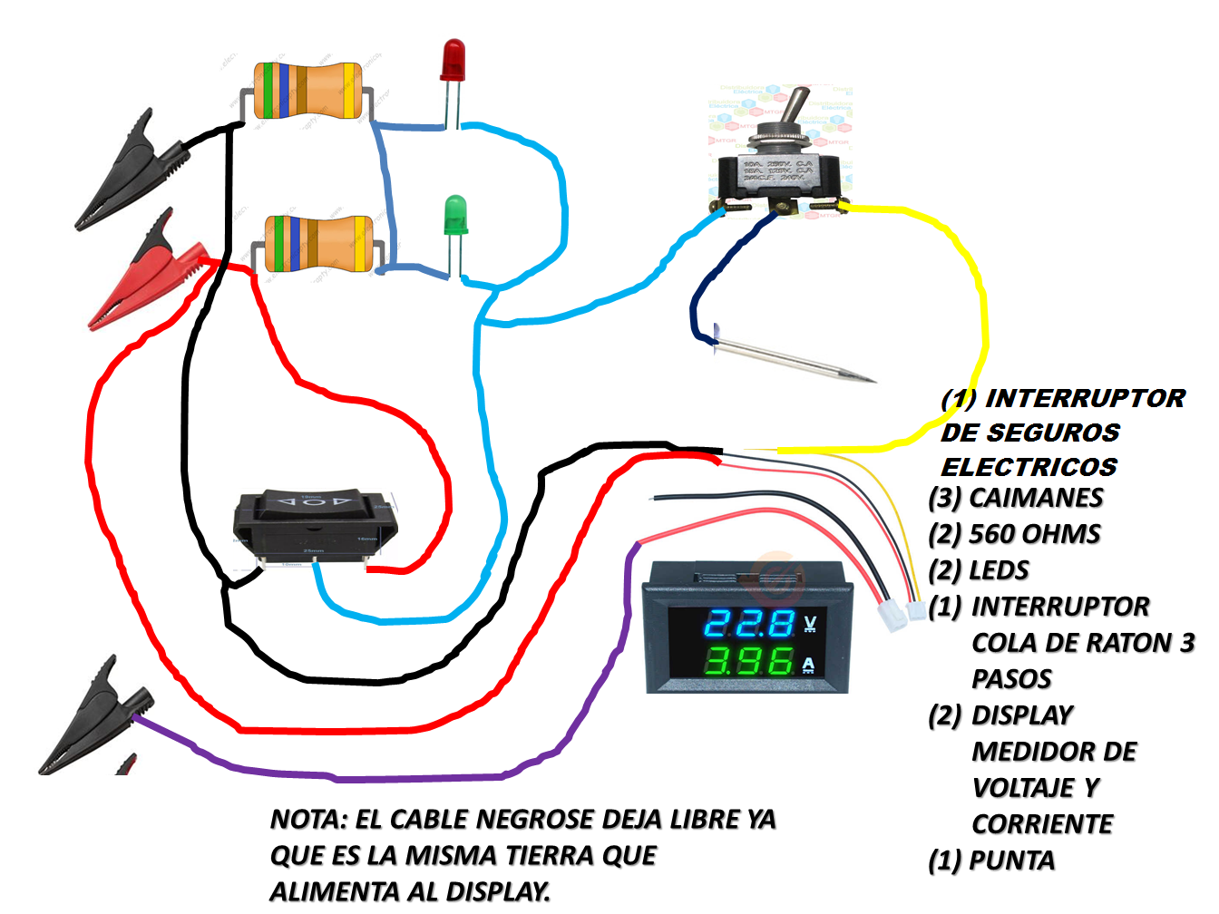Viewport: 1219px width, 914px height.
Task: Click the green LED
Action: (x=455, y=217)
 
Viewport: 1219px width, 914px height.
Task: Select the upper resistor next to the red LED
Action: (x=309, y=92)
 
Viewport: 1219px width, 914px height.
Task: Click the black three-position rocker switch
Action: (x=314, y=526)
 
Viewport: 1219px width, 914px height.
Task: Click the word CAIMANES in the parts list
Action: (x=1036, y=498)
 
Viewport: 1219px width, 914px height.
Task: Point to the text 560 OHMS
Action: (x=1034, y=534)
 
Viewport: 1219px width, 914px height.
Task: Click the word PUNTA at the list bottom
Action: (x=1011, y=861)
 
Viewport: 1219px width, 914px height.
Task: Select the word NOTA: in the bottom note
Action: (x=308, y=820)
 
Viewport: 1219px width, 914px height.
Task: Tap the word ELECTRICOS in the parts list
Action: (x=1029, y=467)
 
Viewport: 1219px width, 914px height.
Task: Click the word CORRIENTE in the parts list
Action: (x=1042, y=824)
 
